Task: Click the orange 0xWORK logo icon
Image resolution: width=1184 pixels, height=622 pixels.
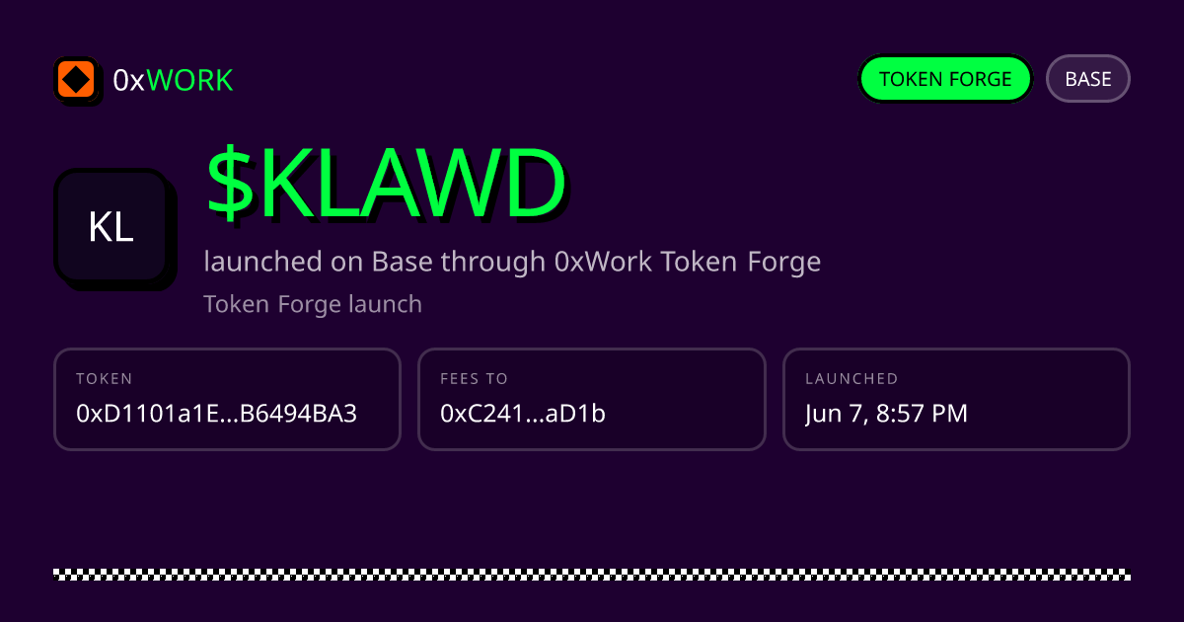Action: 76,79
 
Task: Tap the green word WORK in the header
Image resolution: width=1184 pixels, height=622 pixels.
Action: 189,80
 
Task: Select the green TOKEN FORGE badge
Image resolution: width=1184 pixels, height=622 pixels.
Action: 945,79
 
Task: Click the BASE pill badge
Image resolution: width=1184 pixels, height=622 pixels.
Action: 1087,79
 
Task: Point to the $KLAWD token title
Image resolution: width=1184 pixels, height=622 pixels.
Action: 387,183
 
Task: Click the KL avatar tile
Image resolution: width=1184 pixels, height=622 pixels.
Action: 111,226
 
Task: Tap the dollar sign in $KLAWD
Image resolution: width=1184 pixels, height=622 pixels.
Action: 231,183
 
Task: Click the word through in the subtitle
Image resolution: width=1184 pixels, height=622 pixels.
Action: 492,262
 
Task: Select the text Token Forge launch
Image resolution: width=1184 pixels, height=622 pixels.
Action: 313,304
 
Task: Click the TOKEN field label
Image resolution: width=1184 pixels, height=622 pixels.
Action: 105,379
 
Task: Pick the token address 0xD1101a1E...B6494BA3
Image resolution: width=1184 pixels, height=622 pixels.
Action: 217,414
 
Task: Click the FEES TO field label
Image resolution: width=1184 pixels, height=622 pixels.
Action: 475,379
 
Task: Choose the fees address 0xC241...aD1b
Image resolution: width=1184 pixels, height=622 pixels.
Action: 523,414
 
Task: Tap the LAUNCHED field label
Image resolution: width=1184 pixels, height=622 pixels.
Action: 851,379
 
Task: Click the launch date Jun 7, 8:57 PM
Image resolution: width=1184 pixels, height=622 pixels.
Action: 886,414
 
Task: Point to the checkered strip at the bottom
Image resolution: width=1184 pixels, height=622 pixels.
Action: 592,575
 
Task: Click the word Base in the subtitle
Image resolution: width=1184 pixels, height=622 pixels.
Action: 403,262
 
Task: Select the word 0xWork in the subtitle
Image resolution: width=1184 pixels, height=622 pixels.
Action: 603,262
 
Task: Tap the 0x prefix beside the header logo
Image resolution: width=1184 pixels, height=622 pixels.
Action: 128,80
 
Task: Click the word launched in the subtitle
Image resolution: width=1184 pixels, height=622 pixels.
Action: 262,262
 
